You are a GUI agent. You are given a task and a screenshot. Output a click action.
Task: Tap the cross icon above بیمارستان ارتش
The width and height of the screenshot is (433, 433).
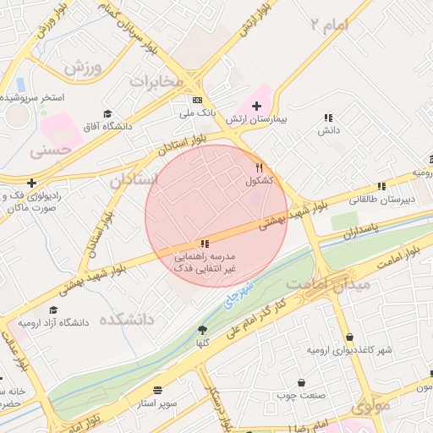[257, 106]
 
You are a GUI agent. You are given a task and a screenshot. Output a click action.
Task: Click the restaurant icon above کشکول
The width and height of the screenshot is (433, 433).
[260, 167]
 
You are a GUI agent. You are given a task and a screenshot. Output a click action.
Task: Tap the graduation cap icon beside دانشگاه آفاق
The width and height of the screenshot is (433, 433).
[107, 113]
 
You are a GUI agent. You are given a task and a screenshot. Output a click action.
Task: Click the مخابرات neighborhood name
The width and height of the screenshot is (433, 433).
[156, 81]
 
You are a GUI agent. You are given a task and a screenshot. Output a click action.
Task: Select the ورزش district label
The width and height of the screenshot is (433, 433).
[82, 66]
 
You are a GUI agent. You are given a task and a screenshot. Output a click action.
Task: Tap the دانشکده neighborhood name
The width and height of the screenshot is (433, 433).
[126, 320]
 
